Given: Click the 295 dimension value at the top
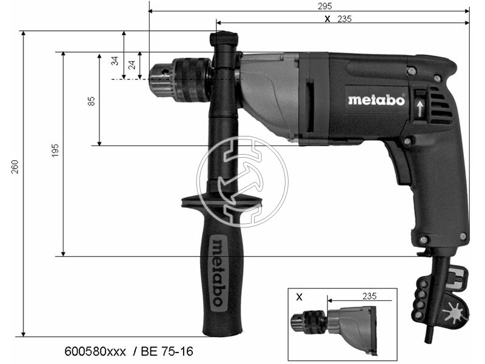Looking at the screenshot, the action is click(x=325, y=6).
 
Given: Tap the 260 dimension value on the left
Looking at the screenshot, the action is click(x=15, y=167).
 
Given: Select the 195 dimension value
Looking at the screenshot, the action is click(x=55, y=150).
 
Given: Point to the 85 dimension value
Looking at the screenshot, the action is click(x=92, y=101).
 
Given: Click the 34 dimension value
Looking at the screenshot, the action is click(x=115, y=61).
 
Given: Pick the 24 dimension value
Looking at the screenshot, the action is click(x=132, y=65).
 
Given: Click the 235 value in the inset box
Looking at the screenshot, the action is click(x=369, y=296).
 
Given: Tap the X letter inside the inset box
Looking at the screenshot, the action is click(x=299, y=297).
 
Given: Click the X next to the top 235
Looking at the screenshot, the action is click(x=327, y=19).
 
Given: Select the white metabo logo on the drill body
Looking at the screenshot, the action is click(x=376, y=100).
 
